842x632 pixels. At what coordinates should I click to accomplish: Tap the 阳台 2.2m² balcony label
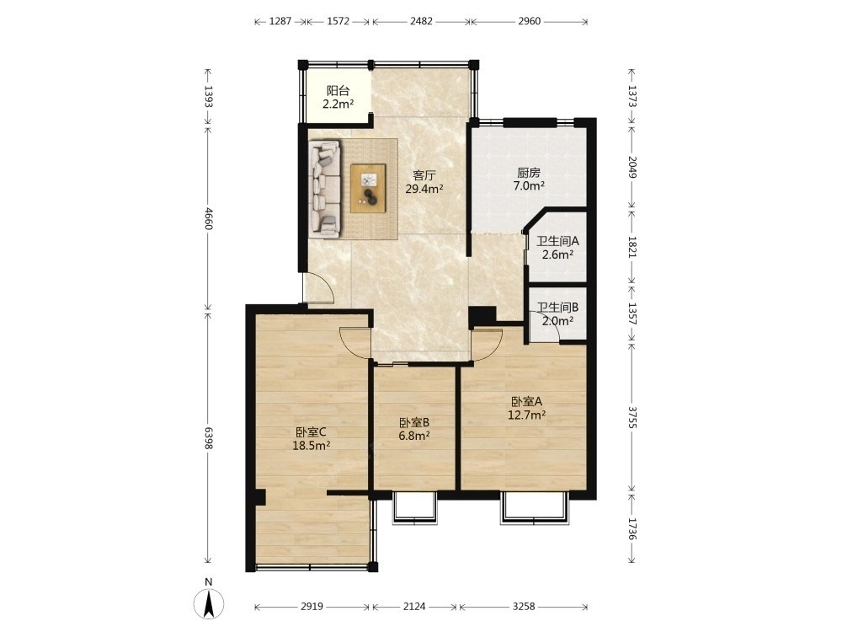click(x=338, y=97)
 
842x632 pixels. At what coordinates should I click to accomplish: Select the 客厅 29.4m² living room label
click(x=424, y=182)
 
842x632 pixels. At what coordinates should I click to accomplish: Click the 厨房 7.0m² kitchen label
click(x=529, y=179)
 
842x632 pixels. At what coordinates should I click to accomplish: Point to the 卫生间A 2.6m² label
click(x=557, y=248)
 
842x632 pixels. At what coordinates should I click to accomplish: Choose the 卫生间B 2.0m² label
click(x=557, y=314)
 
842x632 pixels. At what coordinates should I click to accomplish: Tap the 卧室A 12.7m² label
click(x=527, y=408)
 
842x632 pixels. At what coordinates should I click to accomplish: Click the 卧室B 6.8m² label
click(x=414, y=429)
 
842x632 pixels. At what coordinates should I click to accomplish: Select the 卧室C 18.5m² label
click(x=311, y=438)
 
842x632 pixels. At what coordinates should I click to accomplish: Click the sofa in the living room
click(x=325, y=189)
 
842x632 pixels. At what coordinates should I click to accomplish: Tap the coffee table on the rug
click(x=368, y=188)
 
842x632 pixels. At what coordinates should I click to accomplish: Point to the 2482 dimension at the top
click(x=421, y=22)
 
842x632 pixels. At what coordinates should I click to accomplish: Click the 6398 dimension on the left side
click(x=209, y=437)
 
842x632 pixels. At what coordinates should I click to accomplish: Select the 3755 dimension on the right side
click(x=632, y=417)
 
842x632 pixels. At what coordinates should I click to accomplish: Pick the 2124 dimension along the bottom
click(x=414, y=606)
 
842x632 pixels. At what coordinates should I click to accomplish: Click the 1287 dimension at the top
click(x=280, y=22)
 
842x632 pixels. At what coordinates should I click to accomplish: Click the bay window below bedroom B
click(x=414, y=507)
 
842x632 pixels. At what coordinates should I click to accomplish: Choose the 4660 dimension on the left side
click(x=209, y=217)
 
